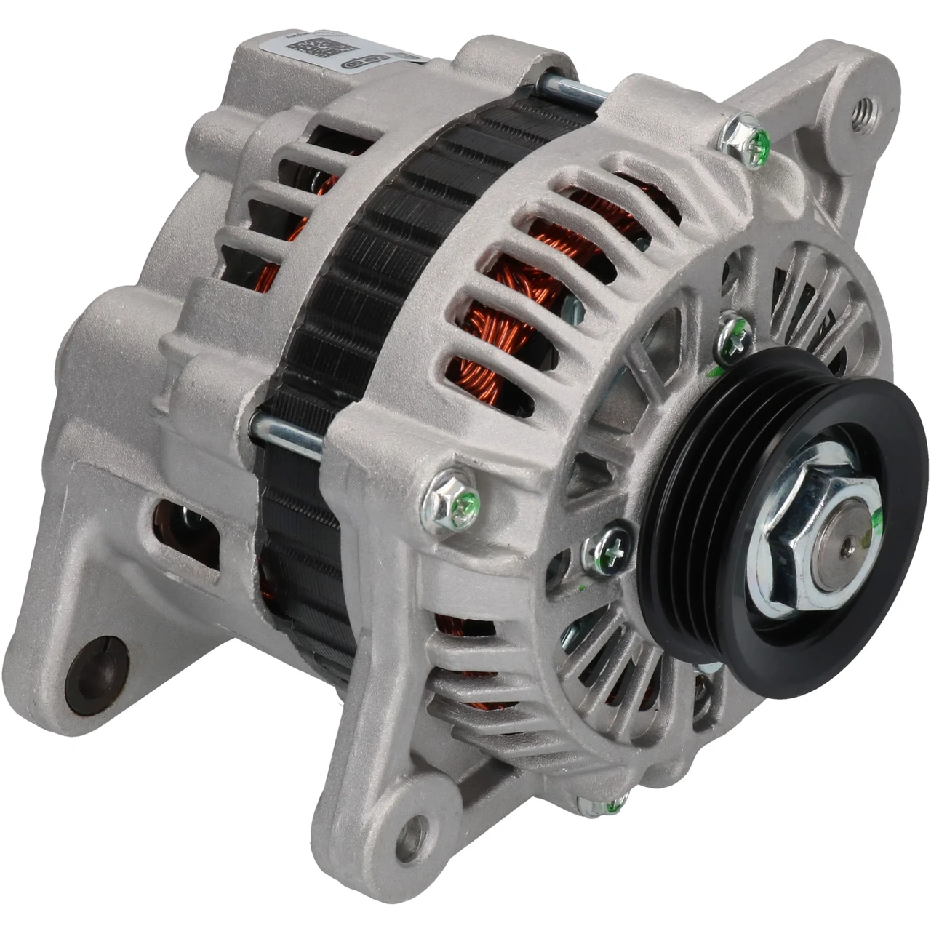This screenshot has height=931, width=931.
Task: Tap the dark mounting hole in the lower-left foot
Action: tap(96, 675)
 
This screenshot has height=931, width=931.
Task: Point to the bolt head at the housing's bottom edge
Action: tap(601, 804)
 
